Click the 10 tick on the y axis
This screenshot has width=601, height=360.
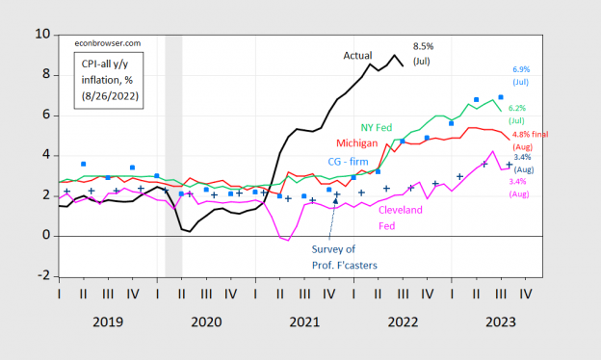tap(42, 34)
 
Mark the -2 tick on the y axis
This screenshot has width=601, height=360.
tap(43, 276)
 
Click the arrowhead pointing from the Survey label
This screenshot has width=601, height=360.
tap(335, 199)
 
